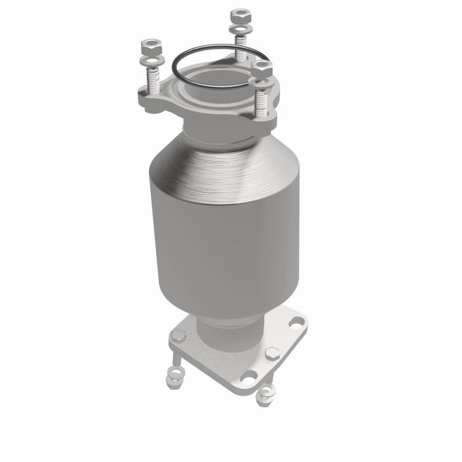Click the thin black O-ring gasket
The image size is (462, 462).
173,64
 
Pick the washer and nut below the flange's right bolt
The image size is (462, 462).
266,394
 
